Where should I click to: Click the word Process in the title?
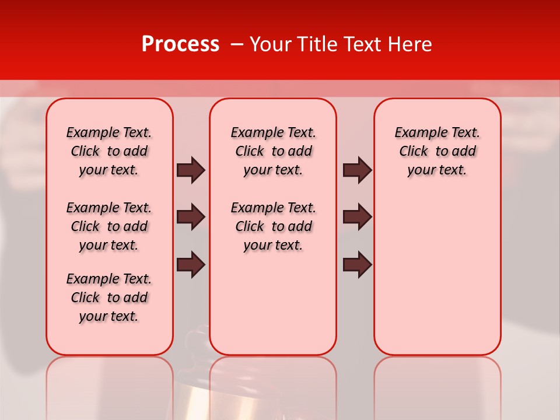(180, 44)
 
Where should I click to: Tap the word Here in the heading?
(410, 44)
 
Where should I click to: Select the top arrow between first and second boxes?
(191, 170)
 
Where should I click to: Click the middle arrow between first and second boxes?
(191, 217)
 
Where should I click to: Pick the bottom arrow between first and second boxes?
(191, 264)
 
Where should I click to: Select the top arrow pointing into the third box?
(357, 170)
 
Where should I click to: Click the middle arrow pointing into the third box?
(357, 217)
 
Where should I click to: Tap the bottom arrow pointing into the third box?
(357, 264)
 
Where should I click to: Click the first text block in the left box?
(109, 151)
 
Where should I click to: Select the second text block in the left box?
(109, 226)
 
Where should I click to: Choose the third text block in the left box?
(109, 297)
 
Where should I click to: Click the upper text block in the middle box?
(273, 151)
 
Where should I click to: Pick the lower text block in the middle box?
(273, 226)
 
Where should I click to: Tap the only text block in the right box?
(437, 151)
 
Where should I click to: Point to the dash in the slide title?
(237, 44)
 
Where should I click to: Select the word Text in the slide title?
(363, 44)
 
